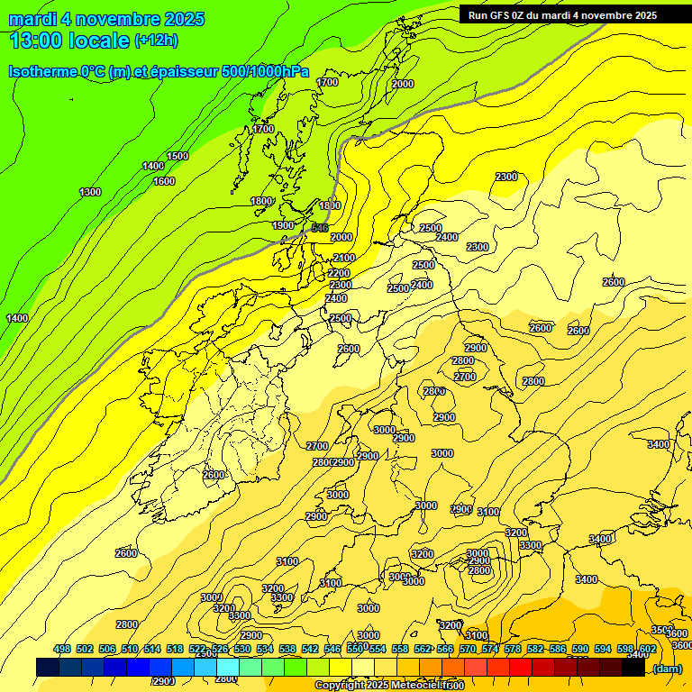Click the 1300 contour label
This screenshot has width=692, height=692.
(90, 192)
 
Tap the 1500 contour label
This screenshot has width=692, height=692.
(178, 156)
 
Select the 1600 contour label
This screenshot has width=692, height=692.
(163, 181)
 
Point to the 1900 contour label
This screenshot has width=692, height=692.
(283, 225)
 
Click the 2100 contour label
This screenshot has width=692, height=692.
(344, 258)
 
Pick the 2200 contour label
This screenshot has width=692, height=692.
(339, 273)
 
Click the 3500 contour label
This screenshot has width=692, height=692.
(662, 630)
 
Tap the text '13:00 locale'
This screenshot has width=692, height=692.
(69, 40)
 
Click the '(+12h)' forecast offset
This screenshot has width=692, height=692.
(156, 40)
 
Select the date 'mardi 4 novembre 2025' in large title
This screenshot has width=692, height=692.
(106, 19)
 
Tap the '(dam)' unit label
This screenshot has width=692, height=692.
(667, 668)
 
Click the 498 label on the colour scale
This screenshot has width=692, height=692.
(62, 649)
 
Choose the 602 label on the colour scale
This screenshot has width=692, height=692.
(648, 649)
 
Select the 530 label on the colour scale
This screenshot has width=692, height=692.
(242, 649)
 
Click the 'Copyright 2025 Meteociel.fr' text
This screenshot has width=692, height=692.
(388, 686)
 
